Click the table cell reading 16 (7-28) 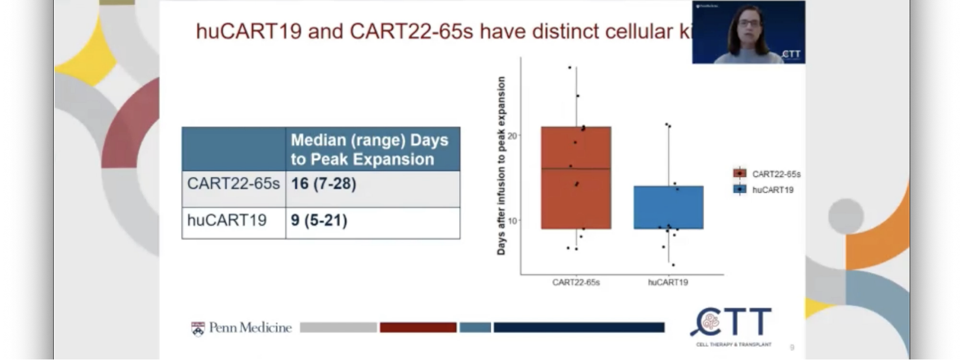tap(323, 184)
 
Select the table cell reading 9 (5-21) tap(319, 220)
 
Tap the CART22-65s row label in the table tap(234, 184)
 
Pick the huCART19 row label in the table tap(227, 220)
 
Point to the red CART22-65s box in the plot tap(576, 198)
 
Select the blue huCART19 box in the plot tap(668, 207)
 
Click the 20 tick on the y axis tap(513, 136)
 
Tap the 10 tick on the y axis tap(513, 220)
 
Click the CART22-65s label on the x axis tap(576, 282)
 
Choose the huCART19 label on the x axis tap(668, 282)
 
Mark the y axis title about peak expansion tap(502, 166)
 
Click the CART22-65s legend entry tap(767, 174)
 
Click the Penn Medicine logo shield tap(198, 328)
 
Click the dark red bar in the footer tap(418, 328)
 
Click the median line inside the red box tap(576, 169)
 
